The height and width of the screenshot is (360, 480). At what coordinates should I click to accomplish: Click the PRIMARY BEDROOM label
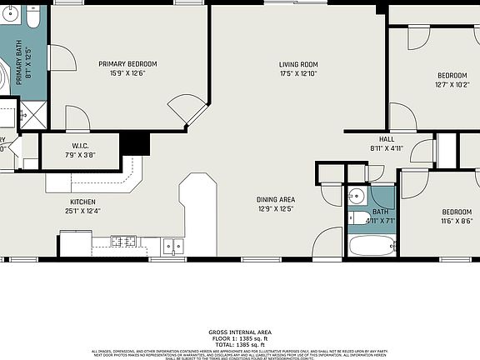point(127,64)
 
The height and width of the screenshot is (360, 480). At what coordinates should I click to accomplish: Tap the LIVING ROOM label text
point(298,64)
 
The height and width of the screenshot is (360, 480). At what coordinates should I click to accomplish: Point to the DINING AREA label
point(275,199)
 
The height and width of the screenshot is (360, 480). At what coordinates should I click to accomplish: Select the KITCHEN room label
point(82,202)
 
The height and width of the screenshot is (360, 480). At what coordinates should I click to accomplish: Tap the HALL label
point(386,139)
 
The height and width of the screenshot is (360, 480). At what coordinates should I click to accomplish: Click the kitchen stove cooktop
point(124,242)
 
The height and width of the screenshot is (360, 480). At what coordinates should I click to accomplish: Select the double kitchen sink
point(173,245)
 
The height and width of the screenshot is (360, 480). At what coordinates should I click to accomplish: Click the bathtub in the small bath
point(372,245)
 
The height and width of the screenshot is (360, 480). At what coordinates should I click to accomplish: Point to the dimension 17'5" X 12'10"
point(298,73)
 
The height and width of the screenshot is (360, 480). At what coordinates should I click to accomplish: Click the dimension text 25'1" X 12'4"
point(82,211)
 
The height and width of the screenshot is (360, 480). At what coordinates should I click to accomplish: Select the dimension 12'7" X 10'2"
point(452,84)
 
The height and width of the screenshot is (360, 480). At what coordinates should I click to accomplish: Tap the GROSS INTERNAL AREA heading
point(240,332)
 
